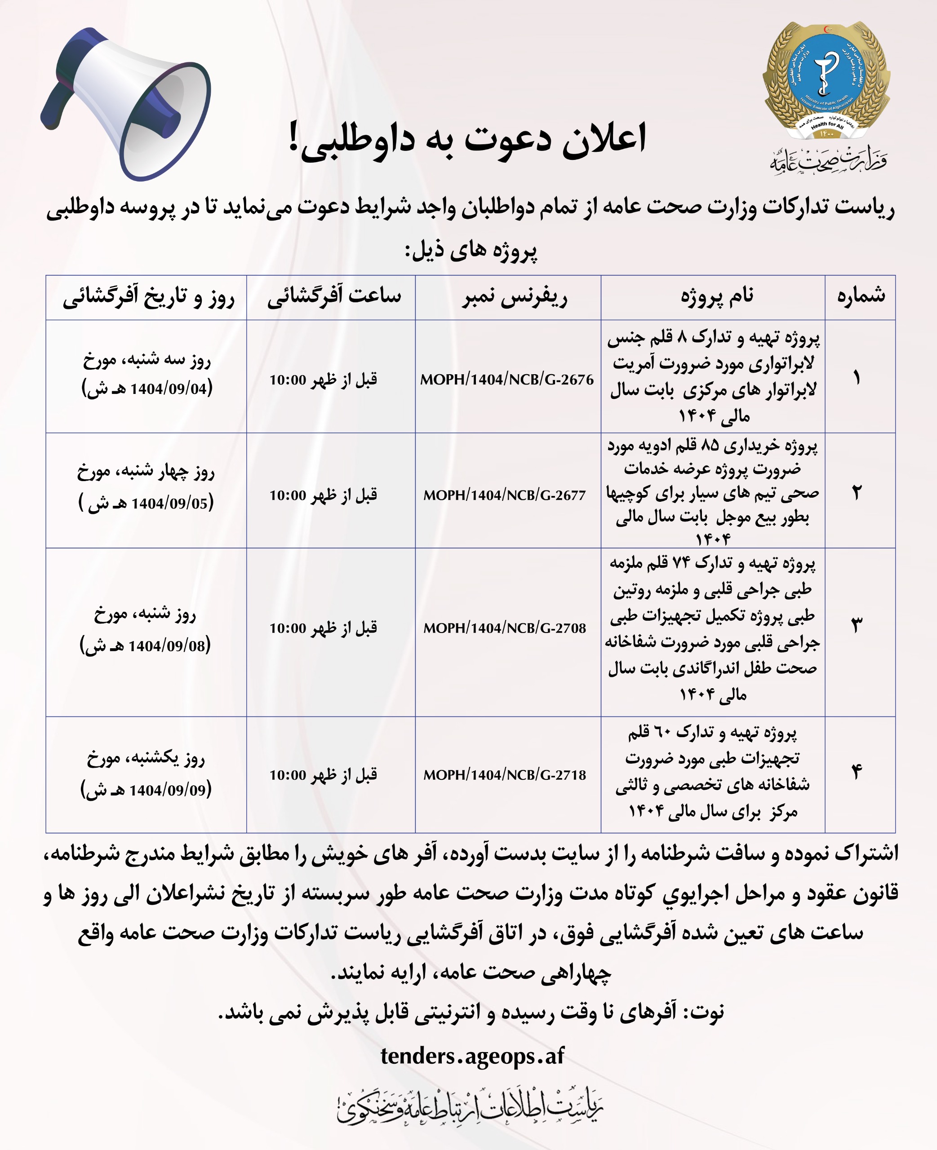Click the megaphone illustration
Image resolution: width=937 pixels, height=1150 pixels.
tap(127, 102)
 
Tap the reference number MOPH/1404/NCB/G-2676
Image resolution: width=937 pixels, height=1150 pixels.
tap(506, 380)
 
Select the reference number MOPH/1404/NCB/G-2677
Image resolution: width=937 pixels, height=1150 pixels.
tap(504, 495)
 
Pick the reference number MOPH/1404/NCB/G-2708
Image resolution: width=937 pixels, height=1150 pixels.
tap(504, 628)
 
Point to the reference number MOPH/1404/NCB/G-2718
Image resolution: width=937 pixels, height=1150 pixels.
tap(504, 775)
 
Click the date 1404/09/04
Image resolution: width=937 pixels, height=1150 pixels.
tap(169, 389)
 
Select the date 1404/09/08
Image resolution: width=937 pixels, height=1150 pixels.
tap(167, 646)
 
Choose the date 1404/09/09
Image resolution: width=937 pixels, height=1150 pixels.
tap(168, 790)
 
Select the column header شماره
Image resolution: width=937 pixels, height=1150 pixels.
tap(861, 296)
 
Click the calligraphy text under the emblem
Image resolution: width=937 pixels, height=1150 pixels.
tap(827, 159)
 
